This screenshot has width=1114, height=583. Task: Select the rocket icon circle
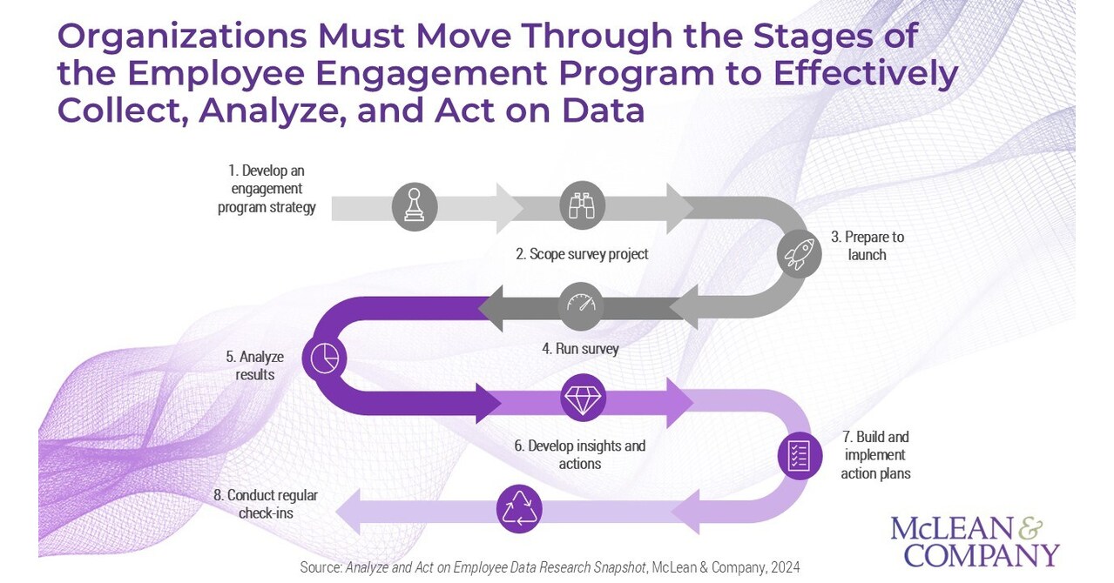(799, 255)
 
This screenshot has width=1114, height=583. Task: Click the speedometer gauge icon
(581, 305)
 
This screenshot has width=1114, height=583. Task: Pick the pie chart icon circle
(324, 358)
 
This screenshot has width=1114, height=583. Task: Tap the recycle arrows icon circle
(519, 508)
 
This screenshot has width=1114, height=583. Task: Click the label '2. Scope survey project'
(582, 254)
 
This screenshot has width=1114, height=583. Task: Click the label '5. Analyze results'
(255, 365)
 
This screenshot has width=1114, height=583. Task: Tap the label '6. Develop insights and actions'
(580, 454)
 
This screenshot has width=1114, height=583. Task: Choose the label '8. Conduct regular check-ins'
(266, 504)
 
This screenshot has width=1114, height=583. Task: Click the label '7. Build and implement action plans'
(874, 455)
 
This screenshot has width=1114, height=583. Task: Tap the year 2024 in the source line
(783, 567)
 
